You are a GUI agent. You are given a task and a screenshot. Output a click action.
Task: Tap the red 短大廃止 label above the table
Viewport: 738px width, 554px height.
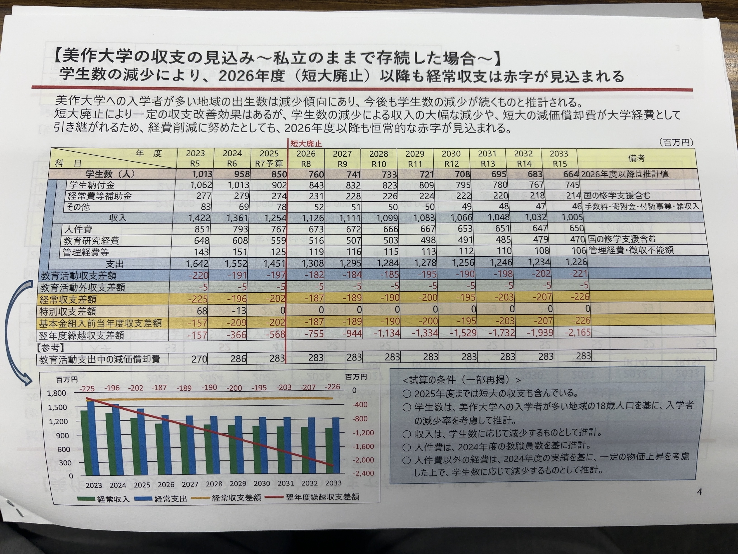[x=306, y=144]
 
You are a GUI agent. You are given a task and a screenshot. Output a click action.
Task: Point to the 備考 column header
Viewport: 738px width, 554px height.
[x=636, y=158]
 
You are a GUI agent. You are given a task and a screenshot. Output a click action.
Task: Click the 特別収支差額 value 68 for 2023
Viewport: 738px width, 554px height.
[x=202, y=311]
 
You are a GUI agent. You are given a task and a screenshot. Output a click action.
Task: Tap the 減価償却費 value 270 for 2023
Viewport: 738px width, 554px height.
[x=199, y=359]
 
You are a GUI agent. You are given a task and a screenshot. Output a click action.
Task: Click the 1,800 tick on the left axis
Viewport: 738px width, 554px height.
[x=57, y=393]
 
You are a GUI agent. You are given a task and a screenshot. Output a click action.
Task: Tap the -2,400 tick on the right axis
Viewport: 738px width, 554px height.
[x=363, y=473]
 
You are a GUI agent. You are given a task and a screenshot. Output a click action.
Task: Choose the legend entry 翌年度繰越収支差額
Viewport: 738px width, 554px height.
[x=322, y=497]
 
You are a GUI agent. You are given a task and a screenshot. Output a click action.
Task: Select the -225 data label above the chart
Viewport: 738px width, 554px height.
[x=86, y=389]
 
